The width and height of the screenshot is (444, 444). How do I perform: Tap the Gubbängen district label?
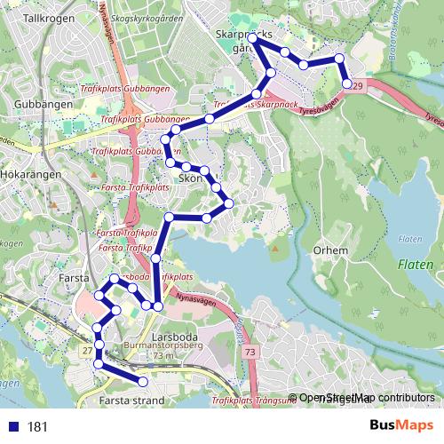point(36,104)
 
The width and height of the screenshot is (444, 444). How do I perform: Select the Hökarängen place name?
point(30,175)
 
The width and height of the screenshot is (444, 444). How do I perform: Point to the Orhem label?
point(330,250)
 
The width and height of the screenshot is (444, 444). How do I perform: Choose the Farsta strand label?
point(132,401)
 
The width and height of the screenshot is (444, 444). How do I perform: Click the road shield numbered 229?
point(357,86)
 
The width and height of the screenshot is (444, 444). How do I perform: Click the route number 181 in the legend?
point(37,427)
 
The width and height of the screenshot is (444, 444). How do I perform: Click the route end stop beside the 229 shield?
point(346,84)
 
